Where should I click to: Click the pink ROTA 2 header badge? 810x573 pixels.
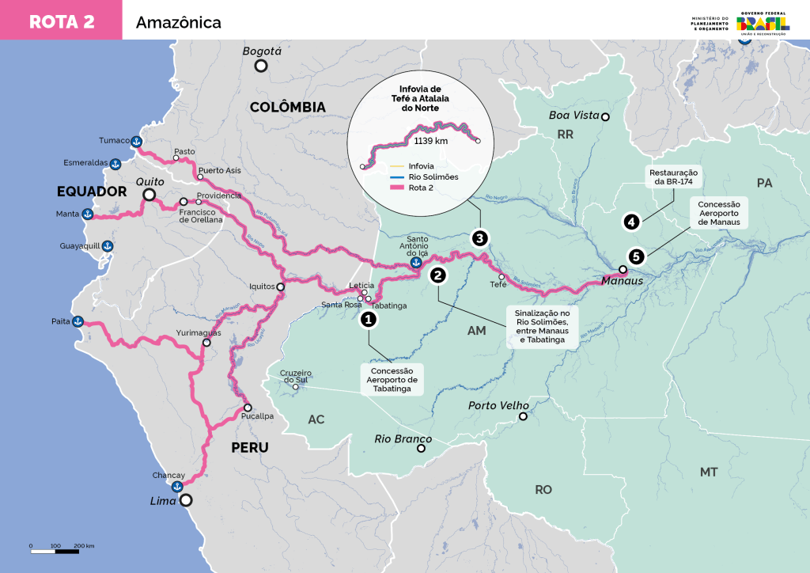61,21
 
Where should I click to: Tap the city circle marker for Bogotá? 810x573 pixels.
260,66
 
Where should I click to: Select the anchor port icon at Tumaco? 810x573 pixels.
136,141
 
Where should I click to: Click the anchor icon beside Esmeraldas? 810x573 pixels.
115,164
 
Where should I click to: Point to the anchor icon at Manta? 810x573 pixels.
89,214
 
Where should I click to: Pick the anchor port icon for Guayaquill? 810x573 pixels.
109,246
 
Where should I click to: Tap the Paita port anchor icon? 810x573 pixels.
78,322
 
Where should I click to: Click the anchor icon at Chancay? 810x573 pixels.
177,485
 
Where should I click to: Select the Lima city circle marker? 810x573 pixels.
186,500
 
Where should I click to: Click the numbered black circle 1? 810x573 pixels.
368,319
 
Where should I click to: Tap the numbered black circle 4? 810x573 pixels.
631,222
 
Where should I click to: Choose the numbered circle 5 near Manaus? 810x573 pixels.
636,256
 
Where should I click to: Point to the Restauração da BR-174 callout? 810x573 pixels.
673,177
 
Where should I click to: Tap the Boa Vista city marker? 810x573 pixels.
605,117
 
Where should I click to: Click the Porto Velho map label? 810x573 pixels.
498,405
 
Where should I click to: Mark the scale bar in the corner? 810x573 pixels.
62,549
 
